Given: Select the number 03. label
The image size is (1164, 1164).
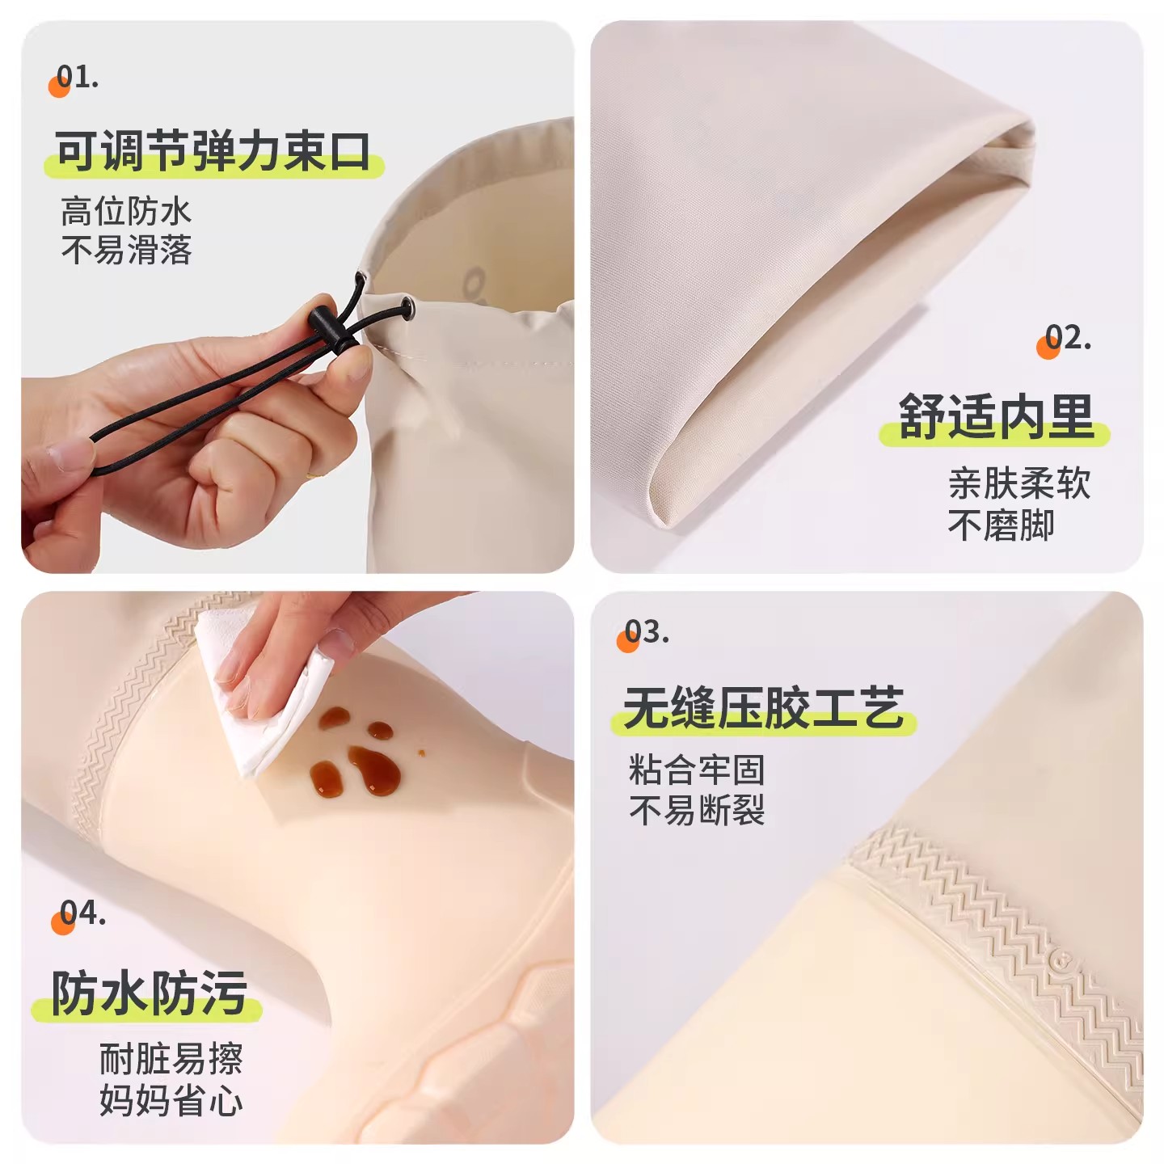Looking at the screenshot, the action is [647, 631].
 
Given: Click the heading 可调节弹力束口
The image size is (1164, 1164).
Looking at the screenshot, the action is [213, 151].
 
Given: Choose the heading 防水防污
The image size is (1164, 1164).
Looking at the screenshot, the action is [150, 993].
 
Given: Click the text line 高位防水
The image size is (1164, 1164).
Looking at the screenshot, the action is [126, 212].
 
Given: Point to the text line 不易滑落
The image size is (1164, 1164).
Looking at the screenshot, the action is [126, 250].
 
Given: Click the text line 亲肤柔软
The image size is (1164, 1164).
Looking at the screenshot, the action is [1019, 483].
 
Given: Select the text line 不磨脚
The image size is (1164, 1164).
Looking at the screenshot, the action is [1001, 525].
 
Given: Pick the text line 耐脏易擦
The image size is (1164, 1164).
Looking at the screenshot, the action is [171, 1058].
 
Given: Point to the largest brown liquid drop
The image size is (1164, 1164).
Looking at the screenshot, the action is [374, 770].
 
